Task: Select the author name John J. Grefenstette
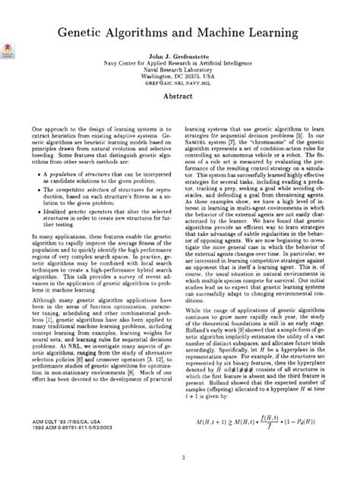click(180, 57)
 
